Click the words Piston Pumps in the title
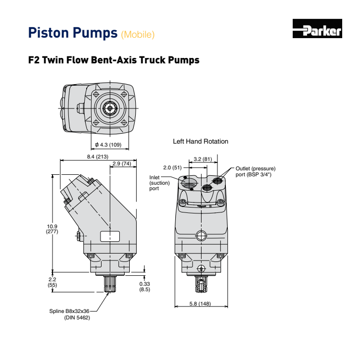tap(73, 33)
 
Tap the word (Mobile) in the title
tap(138, 34)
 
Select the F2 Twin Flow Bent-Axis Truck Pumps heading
tap(113, 60)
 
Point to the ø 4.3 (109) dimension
tap(107, 145)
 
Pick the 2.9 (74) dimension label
tap(122, 163)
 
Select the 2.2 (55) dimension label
tap(52, 282)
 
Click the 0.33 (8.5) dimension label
tap(145, 286)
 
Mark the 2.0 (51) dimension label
tap(173, 167)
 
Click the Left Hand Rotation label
tap(200, 142)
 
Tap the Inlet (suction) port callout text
tap(157, 183)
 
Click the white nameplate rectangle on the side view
tap(110, 236)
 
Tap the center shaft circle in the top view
tap(108, 108)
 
